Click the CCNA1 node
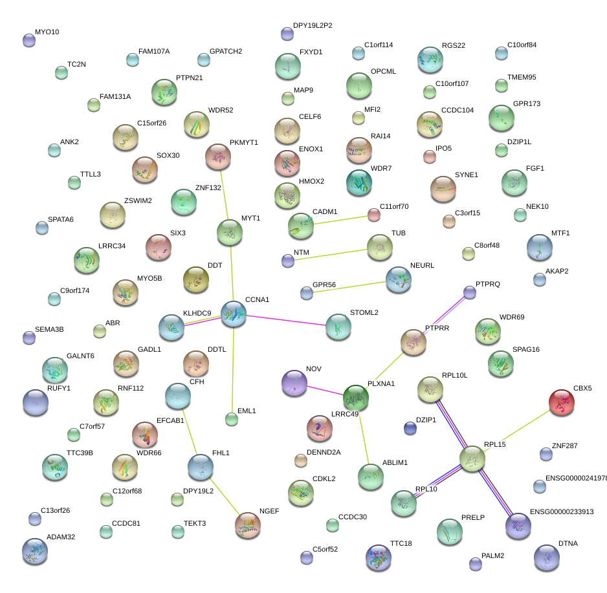pyautogui.click(x=234, y=313)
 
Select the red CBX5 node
pyautogui.click(x=562, y=402)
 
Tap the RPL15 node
pyautogui.click(x=472, y=458)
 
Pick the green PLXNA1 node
pyautogui.click(x=356, y=397)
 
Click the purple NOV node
pyautogui.click(x=294, y=383)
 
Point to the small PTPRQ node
pyautogui.click(x=470, y=292)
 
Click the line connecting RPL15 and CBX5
pyautogui.click(x=517, y=430)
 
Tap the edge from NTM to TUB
pyautogui.click(x=333, y=253)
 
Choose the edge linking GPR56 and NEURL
pyautogui.click(x=352, y=286)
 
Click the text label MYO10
pyautogui.click(x=47, y=32)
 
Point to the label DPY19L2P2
pyautogui.click(x=313, y=26)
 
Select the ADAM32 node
pyautogui.click(x=35, y=551)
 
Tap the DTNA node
pyautogui.click(x=547, y=557)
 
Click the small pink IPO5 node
pyautogui.click(x=429, y=156)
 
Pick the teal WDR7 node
pyautogui.click(x=359, y=183)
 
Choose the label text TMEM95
pyautogui.click(x=522, y=78)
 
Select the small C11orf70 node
pyautogui.click(x=373, y=214)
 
